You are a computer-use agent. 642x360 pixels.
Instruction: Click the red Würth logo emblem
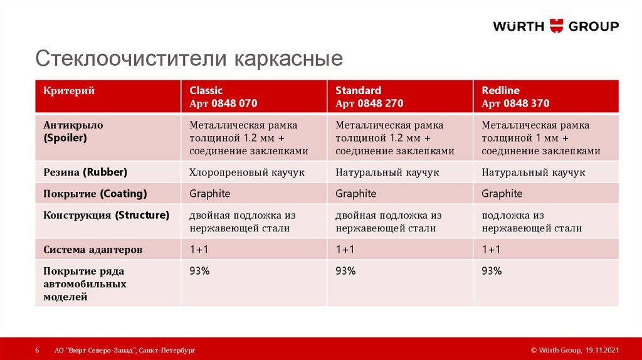coord(555,26)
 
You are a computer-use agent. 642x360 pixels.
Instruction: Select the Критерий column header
coord(69,91)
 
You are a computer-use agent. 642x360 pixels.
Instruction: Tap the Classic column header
coord(223,97)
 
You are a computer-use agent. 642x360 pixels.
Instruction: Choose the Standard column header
coord(369,97)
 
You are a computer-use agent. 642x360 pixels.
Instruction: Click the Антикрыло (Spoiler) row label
coord(73,131)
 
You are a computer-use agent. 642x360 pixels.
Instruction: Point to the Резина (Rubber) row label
coord(85,172)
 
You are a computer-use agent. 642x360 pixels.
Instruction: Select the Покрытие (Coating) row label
coord(95,194)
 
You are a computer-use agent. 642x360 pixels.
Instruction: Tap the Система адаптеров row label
coord(93,250)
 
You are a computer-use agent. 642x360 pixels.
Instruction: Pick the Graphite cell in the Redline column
coord(502,193)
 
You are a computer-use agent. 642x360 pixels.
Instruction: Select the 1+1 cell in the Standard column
coord(345,250)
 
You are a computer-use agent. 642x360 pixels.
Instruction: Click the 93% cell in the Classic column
coord(199,271)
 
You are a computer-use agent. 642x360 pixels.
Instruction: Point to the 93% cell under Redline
coord(492,271)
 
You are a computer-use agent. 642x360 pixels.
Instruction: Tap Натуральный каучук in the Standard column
coord(387,172)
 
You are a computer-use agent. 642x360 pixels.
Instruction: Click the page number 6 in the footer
coord(37,350)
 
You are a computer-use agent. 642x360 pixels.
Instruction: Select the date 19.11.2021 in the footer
coord(603,350)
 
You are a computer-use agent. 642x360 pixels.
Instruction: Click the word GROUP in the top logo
coord(593,26)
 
